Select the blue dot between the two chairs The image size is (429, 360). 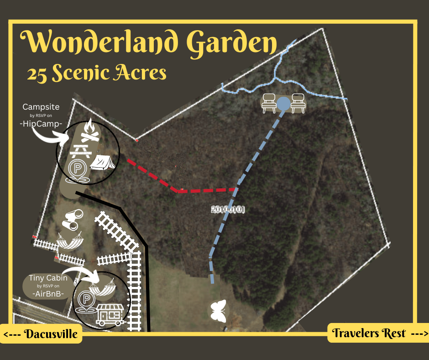pyautogui.click(x=284, y=104)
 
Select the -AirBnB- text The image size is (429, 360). pyautogui.click(x=47, y=294)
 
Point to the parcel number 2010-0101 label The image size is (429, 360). pyautogui.click(x=228, y=210)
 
